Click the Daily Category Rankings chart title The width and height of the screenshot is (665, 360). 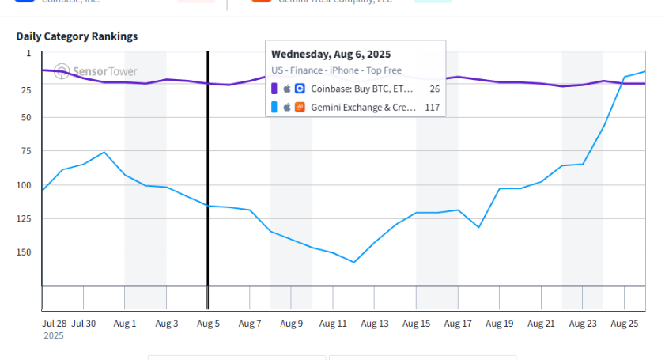(77, 36)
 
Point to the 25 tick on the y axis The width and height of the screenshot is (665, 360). (28, 90)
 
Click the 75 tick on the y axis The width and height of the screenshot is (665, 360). (28, 151)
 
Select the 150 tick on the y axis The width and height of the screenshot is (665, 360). (25, 252)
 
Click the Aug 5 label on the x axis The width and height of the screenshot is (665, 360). (208, 324)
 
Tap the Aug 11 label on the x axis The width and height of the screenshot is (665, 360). (333, 324)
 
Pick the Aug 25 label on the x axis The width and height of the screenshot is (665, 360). (625, 324)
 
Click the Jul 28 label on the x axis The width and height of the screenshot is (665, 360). (55, 324)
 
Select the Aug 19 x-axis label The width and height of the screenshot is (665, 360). (500, 324)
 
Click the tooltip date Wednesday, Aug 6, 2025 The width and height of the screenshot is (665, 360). (331, 55)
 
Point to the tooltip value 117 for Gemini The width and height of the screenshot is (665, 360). (432, 108)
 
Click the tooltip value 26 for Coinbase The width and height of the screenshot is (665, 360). (434, 89)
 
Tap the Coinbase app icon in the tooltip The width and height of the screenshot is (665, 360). (300, 89)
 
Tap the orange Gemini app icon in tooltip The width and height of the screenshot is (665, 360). (300, 108)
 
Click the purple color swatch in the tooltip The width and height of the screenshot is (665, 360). (274, 89)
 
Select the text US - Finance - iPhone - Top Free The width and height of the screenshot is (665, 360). (336, 70)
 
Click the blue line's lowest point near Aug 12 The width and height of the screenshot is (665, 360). (353, 262)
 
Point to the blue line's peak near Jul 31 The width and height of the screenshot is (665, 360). (104, 152)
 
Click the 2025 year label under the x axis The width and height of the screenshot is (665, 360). (54, 336)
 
